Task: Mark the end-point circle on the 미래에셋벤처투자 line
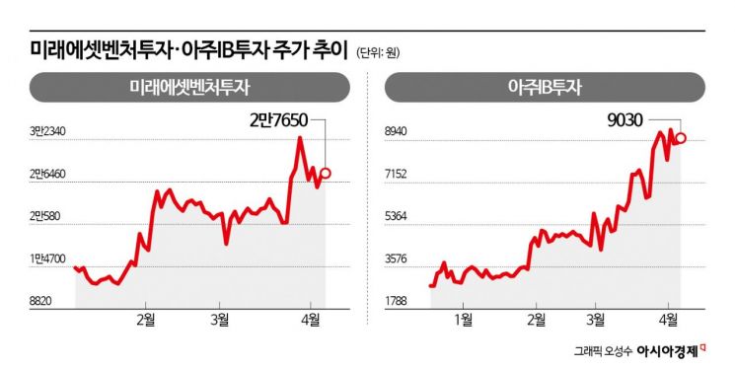(x=327, y=174)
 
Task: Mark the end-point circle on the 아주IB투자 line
(x=681, y=138)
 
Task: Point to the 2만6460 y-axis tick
(x=47, y=174)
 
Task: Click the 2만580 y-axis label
(x=47, y=216)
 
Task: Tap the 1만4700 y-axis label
(x=47, y=259)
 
